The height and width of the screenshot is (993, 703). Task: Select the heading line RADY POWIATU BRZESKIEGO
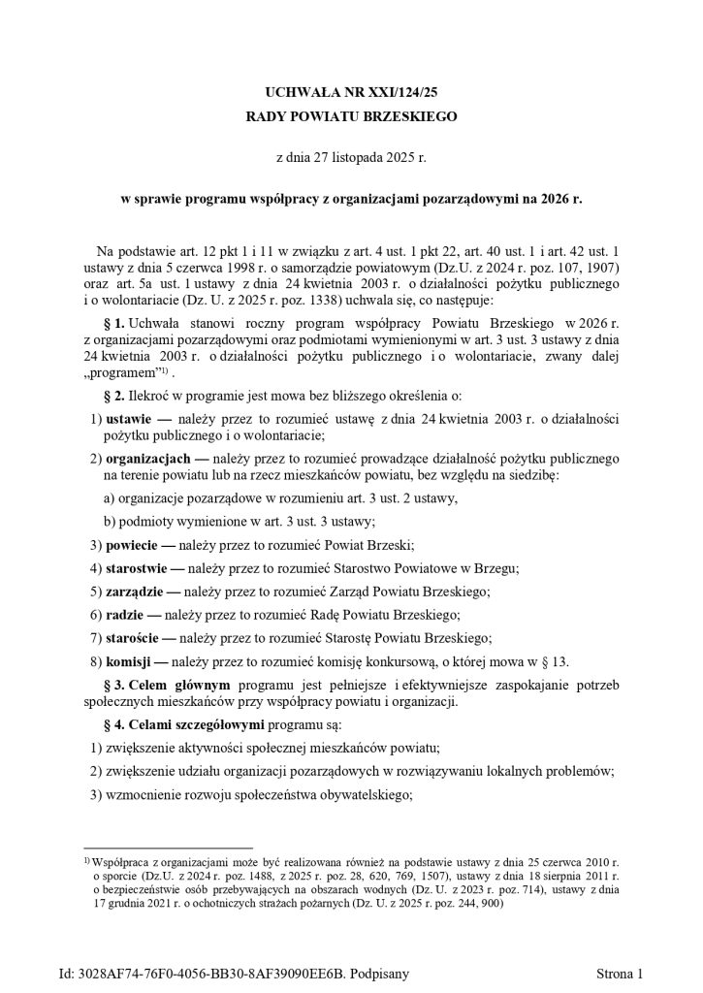[x=351, y=116]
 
